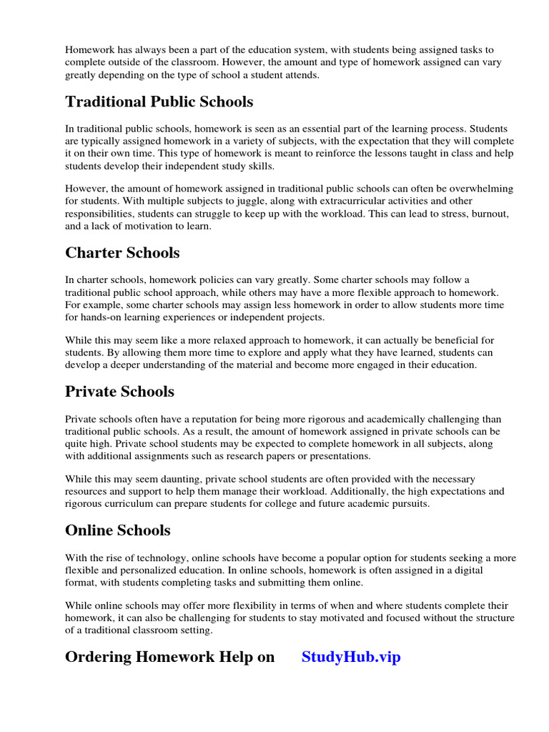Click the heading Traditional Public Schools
pos(159,102)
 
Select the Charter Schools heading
pos(122,253)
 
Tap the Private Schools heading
pos(119,392)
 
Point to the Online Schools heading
pos(118,530)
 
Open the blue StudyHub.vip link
pos(351,657)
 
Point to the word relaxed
pos(198,340)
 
